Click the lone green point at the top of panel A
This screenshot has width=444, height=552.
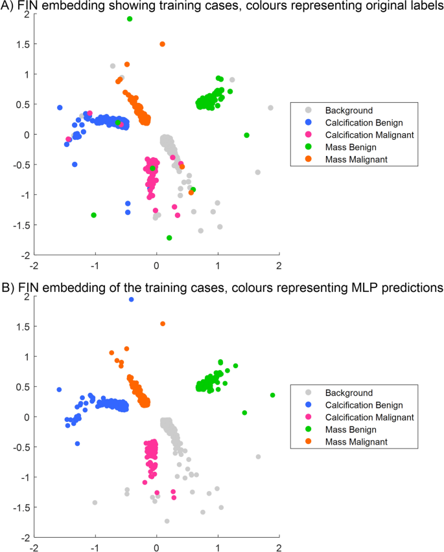pyautogui.click(x=130, y=19)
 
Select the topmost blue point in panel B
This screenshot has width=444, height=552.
pyautogui.click(x=131, y=300)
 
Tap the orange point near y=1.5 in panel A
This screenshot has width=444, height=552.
pyautogui.click(x=162, y=44)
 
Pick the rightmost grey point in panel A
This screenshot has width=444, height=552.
pyautogui.click(x=270, y=108)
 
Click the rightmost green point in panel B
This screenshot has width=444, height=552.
pyautogui.click(x=272, y=395)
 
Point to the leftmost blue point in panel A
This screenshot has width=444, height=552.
pyautogui.click(x=60, y=107)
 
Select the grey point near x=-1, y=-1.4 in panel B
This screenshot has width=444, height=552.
pyautogui.click(x=95, y=502)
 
